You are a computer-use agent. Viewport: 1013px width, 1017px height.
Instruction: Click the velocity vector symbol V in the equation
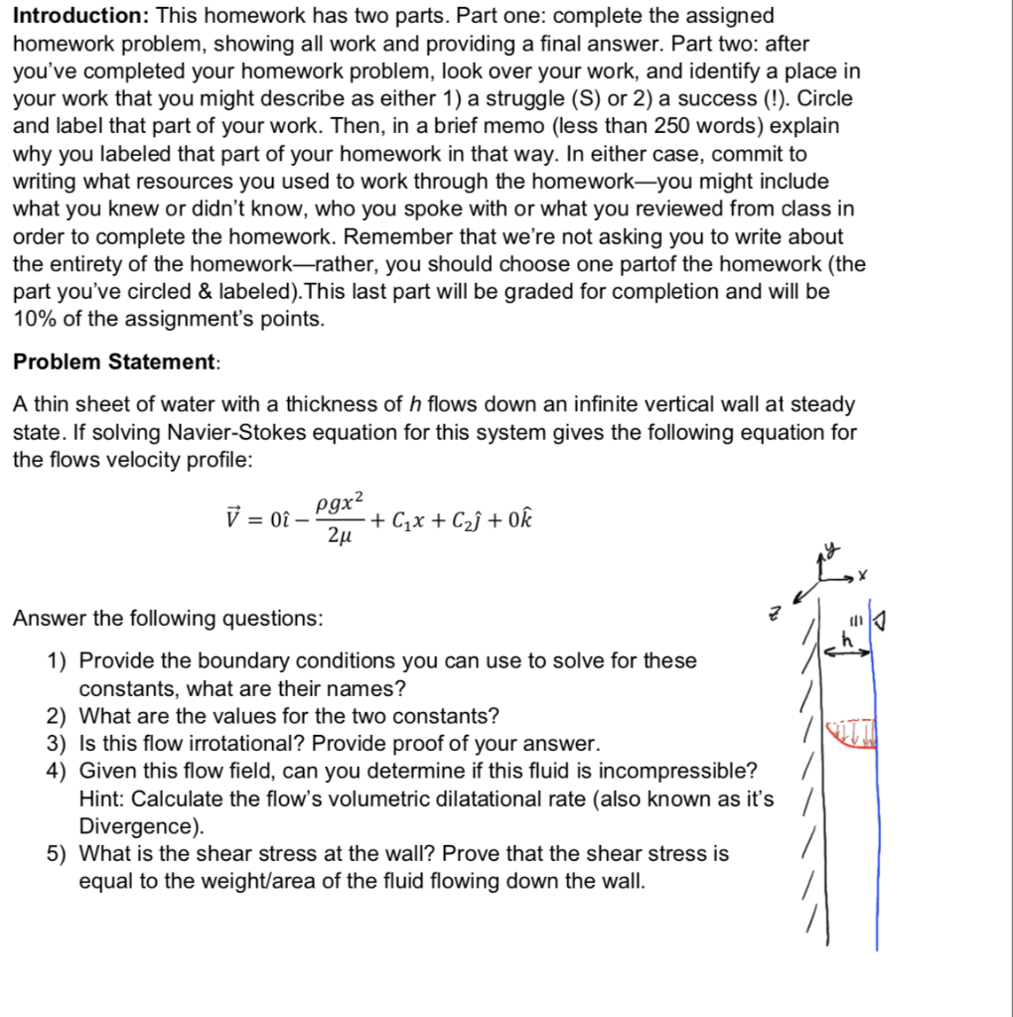coord(233,518)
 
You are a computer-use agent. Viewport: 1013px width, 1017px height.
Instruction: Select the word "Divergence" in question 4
coord(137,826)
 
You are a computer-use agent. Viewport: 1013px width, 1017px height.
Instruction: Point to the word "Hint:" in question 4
coord(102,799)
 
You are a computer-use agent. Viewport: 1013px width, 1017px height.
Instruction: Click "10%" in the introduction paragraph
coord(36,320)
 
